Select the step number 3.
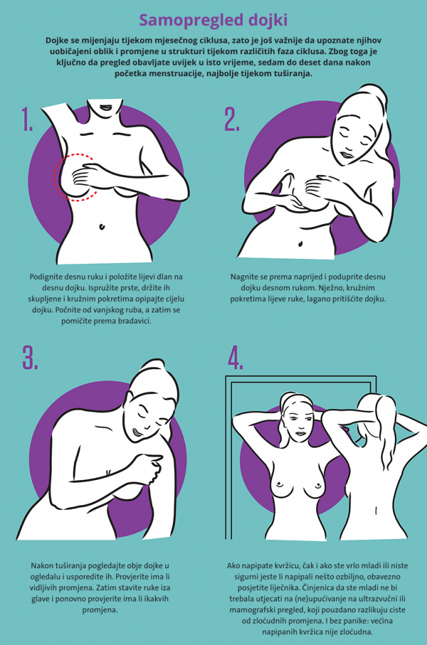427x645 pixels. coord(30,357)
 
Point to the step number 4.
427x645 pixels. coord(235,357)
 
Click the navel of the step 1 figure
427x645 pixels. coord(102,226)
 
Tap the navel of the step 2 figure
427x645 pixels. coord(301,244)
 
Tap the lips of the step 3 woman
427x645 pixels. coord(137,431)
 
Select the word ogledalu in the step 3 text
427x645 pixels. coord(45,577)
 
